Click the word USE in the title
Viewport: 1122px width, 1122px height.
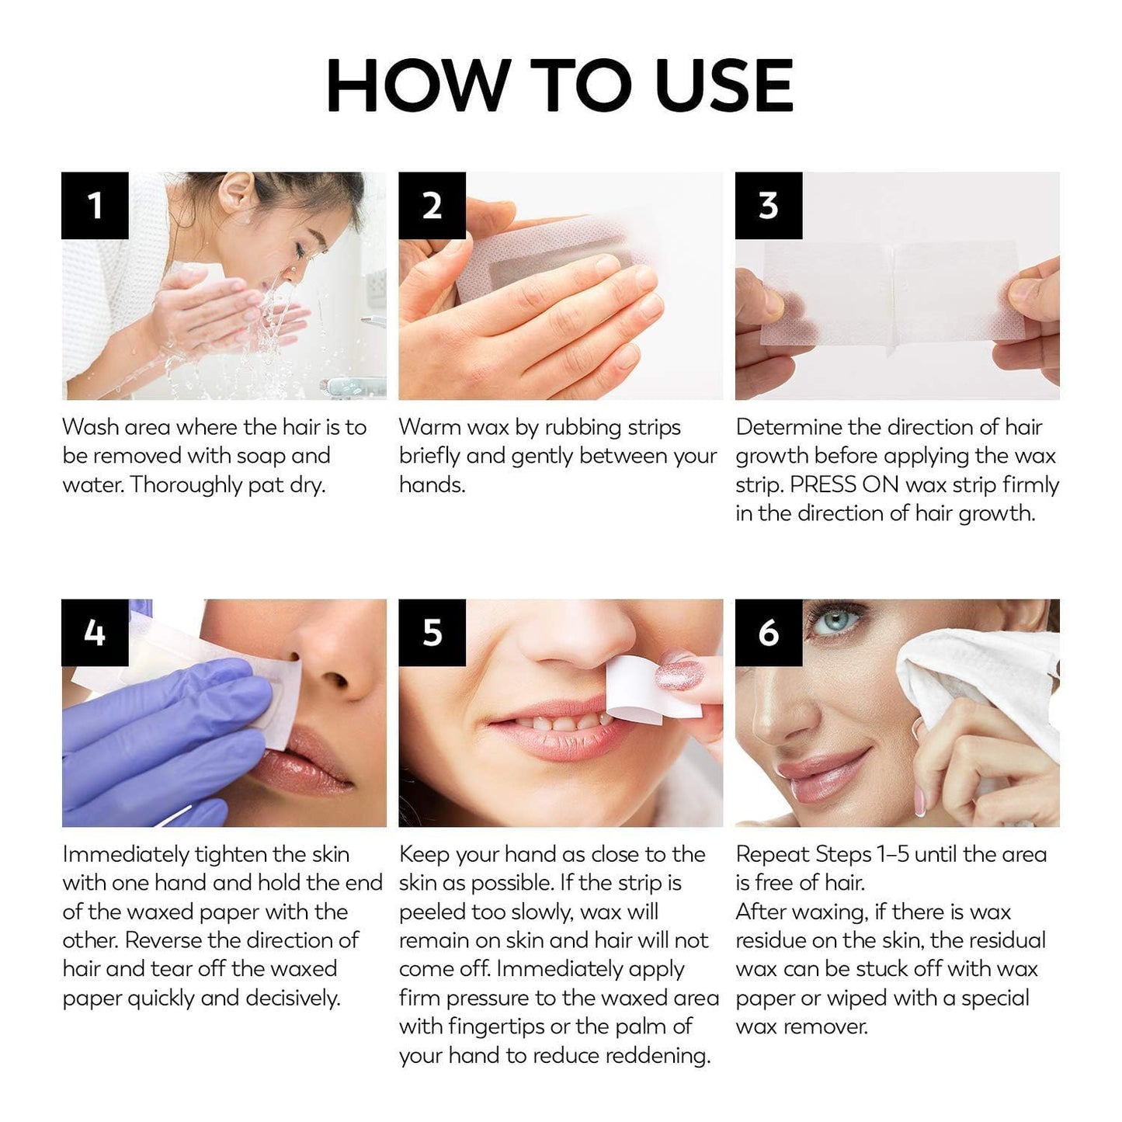point(724,85)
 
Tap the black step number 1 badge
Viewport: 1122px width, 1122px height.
point(95,206)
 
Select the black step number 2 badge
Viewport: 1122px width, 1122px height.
point(432,206)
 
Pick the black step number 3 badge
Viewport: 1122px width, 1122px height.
point(768,206)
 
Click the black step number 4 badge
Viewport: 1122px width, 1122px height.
point(95,633)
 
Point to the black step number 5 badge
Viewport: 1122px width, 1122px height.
point(432,633)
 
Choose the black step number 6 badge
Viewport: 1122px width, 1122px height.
point(768,633)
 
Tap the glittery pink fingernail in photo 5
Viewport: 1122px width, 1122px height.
point(679,673)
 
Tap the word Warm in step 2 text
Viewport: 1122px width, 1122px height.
point(429,427)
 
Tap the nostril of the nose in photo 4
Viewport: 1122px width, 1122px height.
point(335,681)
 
